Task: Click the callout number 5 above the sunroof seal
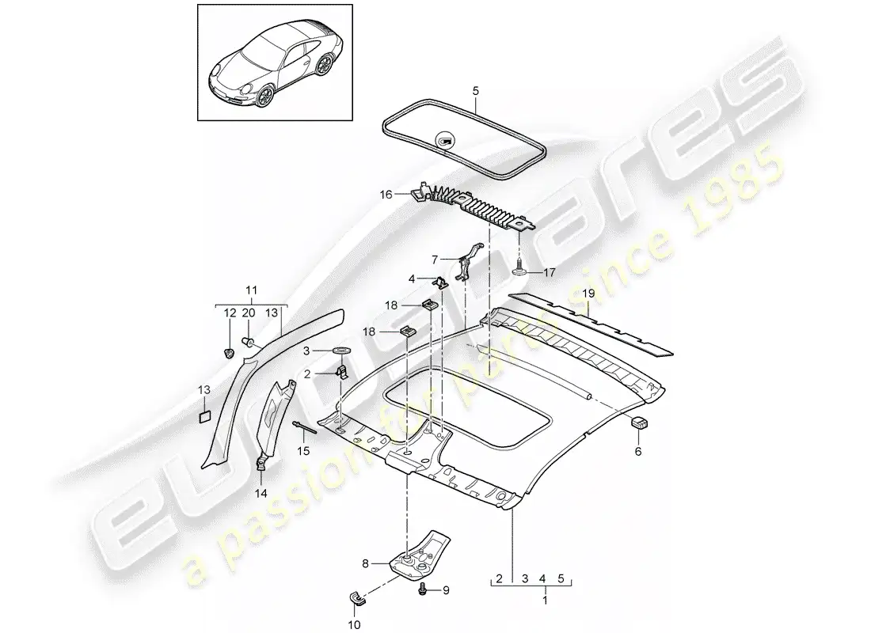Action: pos(476,90)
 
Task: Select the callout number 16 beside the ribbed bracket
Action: pos(386,195)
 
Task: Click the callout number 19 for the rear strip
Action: pos(588,293)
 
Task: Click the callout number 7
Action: pos(435,260)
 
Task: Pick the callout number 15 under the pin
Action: pos(302,451)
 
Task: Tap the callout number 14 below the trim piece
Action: pos(261,493)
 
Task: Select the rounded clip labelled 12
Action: pos(228,353)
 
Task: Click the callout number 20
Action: pos(249,313)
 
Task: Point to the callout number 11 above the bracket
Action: pos(251,290)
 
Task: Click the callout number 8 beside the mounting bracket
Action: pos(365,563)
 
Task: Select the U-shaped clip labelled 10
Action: pos(355,597)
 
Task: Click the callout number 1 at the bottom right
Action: pos(545,601)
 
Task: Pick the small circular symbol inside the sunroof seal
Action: pos(445,142)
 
